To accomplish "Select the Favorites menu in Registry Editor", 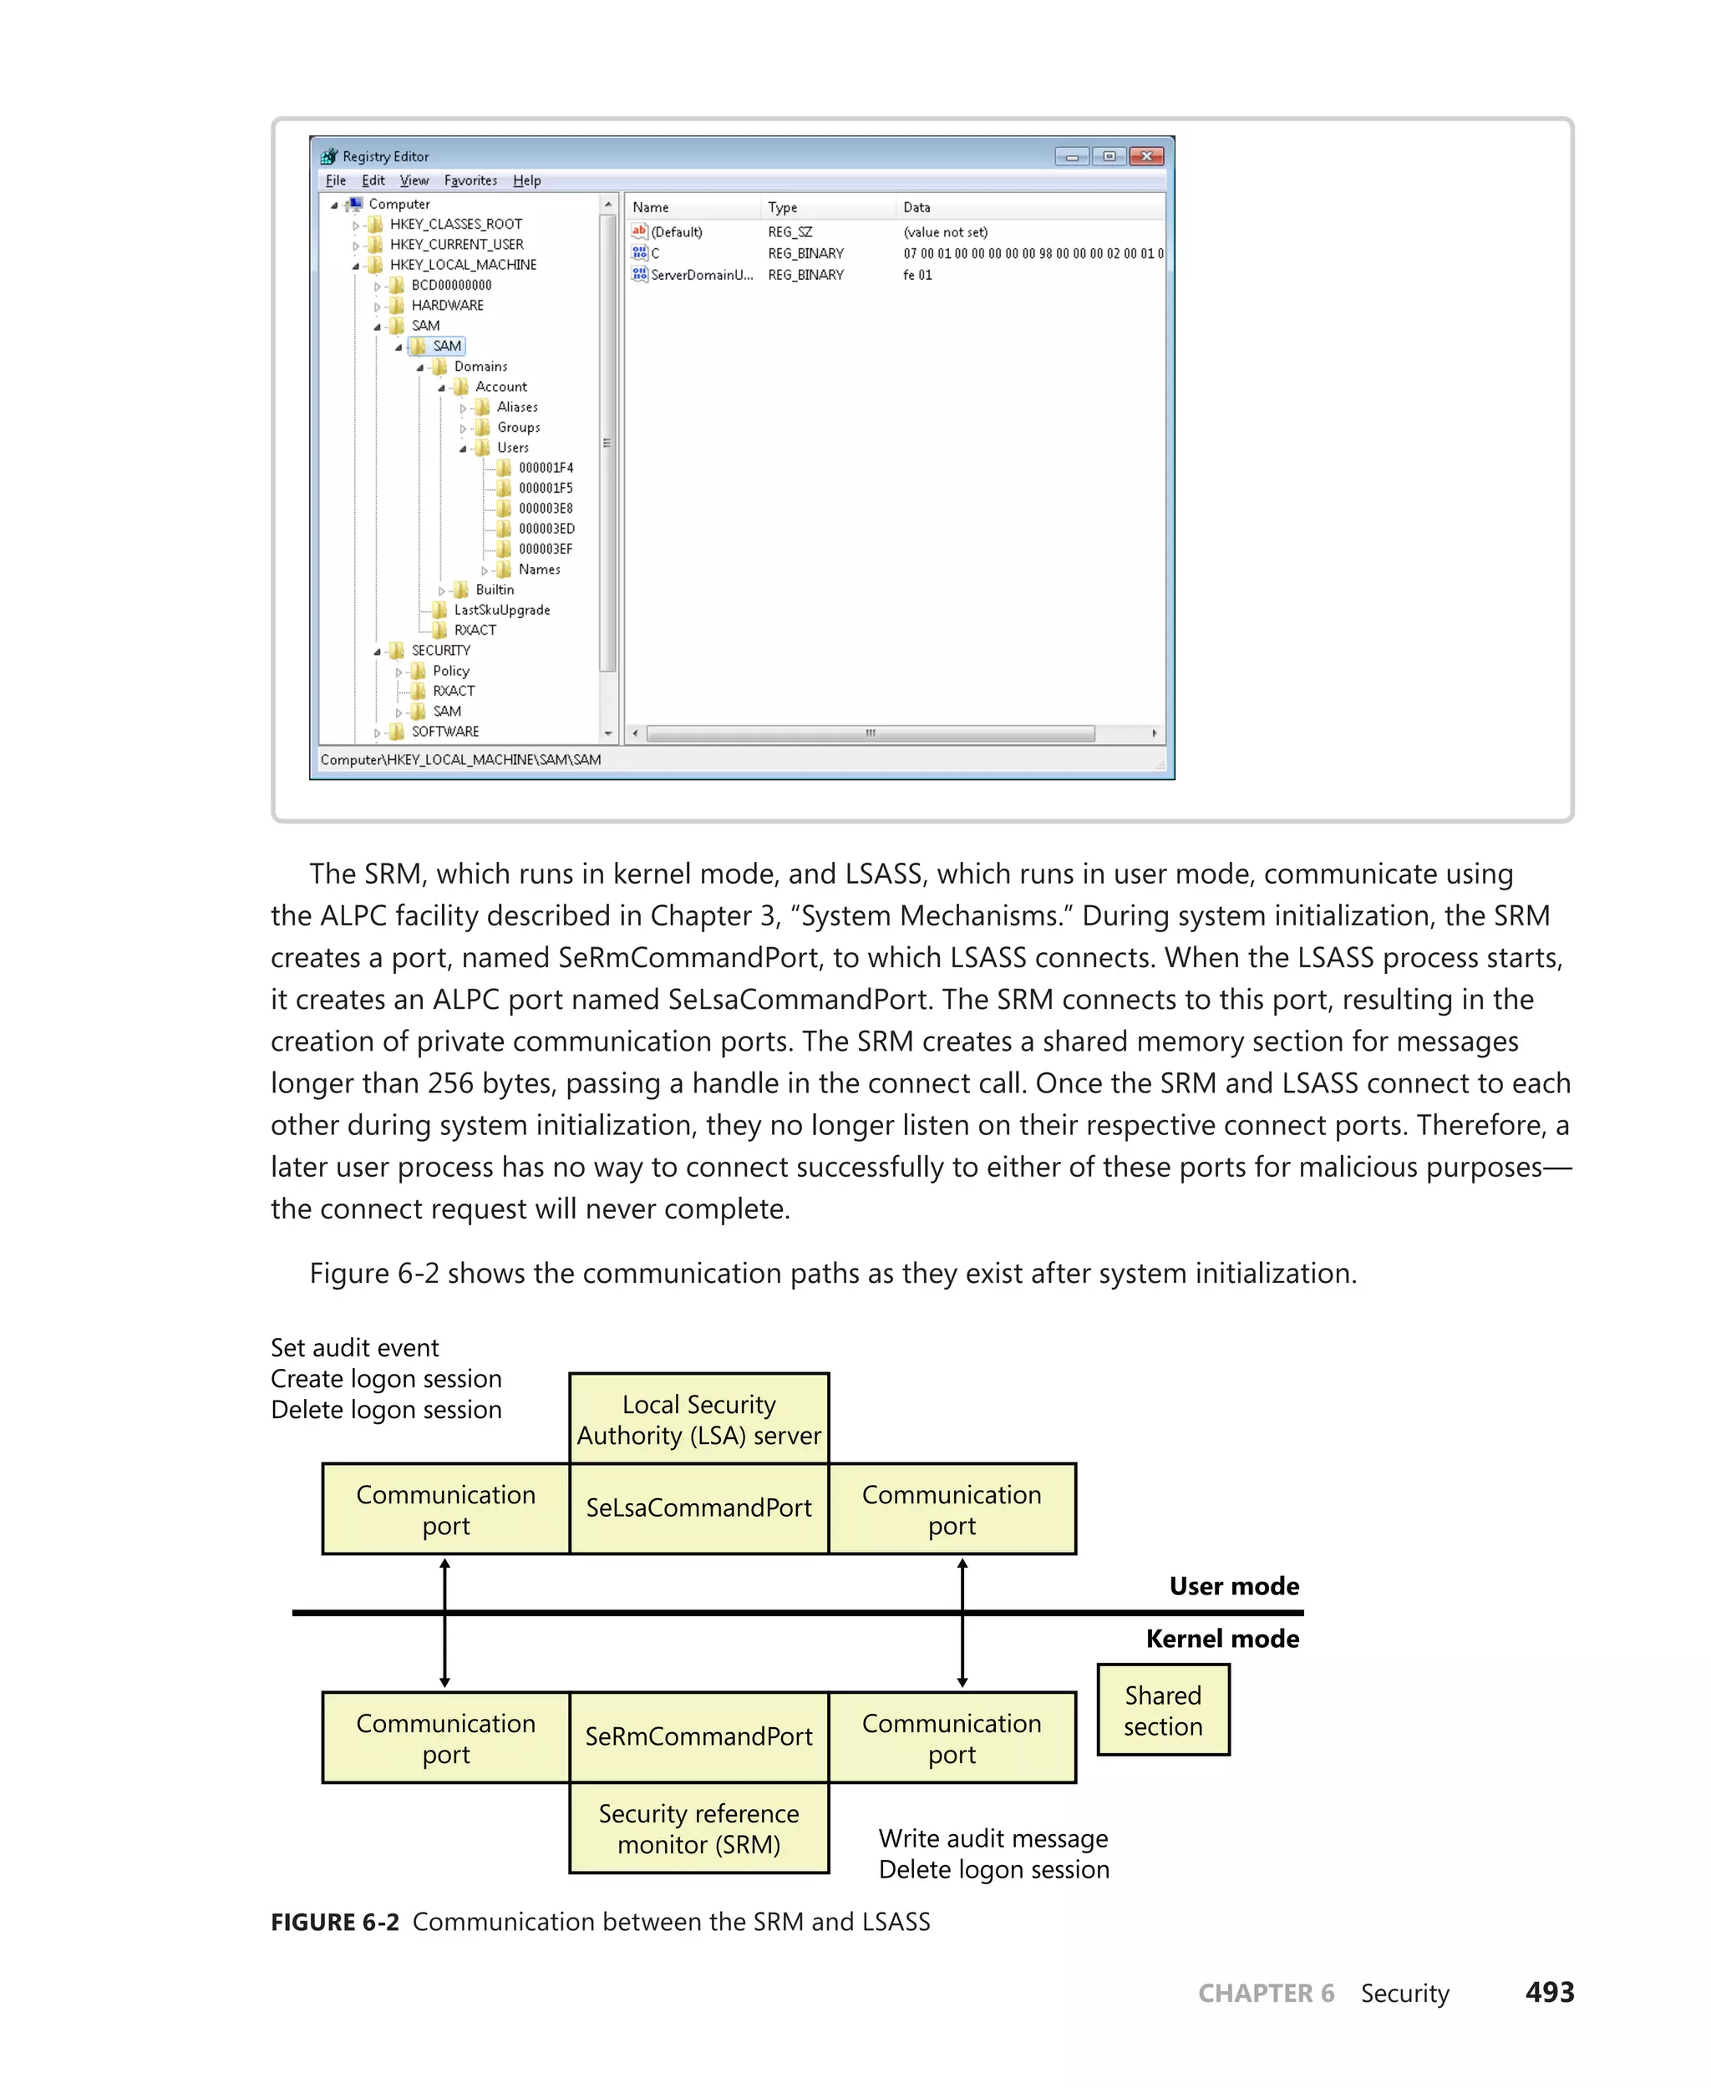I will (470, 180).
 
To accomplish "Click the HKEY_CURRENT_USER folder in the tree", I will (455, 245).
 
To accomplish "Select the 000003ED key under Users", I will (546, 528).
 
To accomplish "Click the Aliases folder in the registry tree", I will (516, 407).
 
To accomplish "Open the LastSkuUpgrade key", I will (501, 610).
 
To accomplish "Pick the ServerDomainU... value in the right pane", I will (701, 275).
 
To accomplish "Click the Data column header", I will (916, 207).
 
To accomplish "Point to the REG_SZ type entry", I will (789, 232).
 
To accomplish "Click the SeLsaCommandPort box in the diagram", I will (698, 1508).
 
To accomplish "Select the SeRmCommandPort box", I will (698, 1736).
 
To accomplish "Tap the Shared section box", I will (1163, 1710).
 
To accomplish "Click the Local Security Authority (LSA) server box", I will (698, 1419).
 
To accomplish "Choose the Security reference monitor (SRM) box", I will (698, 1829).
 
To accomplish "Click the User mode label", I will (1233, 1585).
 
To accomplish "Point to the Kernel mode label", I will (1221, 1639).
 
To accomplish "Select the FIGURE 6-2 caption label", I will (335, 1923).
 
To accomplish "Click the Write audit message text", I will (993, 1839).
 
